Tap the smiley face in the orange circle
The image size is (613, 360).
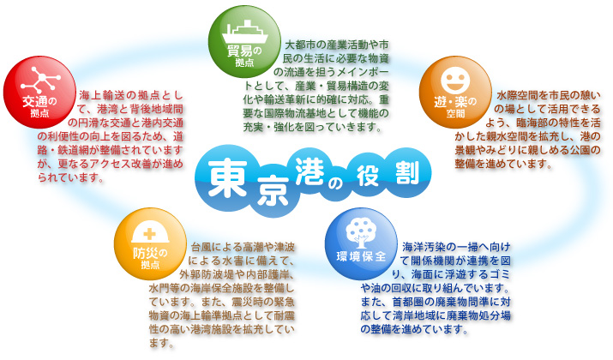coord(454,75)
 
